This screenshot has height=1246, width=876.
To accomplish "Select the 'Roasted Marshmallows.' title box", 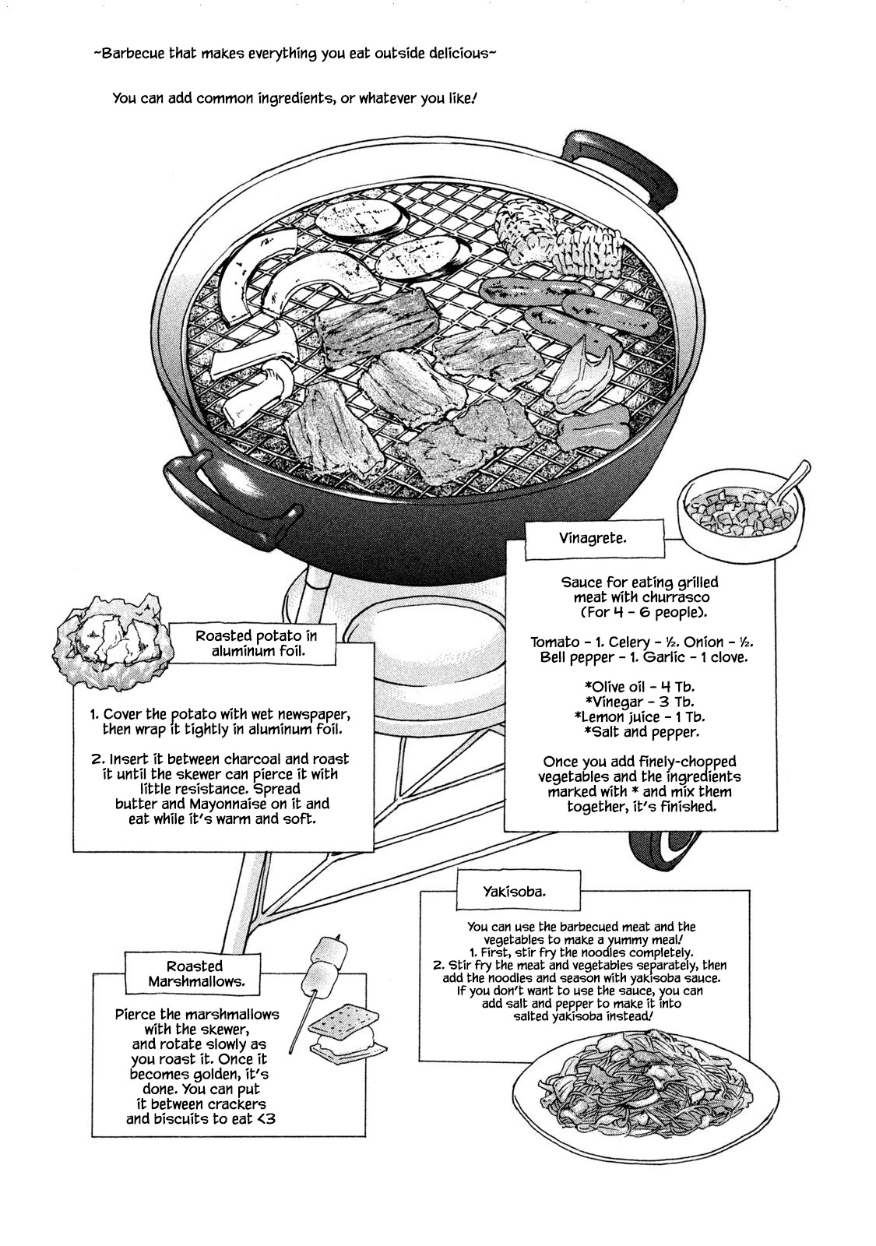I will tap(195, 973).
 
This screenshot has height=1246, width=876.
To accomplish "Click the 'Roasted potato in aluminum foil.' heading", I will tap(257, 643).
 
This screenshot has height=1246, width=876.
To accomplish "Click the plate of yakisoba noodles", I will tap(646, 1086).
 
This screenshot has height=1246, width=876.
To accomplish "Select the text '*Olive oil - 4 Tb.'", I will tap(639, 687).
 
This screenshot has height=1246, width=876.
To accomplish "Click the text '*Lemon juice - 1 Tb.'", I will tap(639, 716).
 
